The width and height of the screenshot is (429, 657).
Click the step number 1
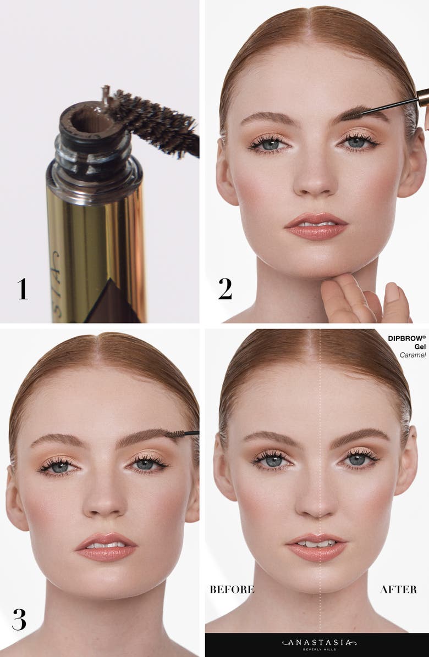click(x=22, y=289)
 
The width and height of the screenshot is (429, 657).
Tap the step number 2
click(x=225, y=289)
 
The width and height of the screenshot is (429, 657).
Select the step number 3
click(x=19, y=619)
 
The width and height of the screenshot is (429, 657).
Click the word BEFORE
click(x=232, y=589)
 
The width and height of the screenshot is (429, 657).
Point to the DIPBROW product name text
click(x=406, y=338)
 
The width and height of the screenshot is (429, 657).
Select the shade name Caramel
click(x=413, y=355)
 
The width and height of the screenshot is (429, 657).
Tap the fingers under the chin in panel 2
click(x=363, y=299)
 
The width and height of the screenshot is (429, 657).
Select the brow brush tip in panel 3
click(x=175, y=434)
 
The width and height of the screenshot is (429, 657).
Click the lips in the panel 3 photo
click(x=106, y=547)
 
